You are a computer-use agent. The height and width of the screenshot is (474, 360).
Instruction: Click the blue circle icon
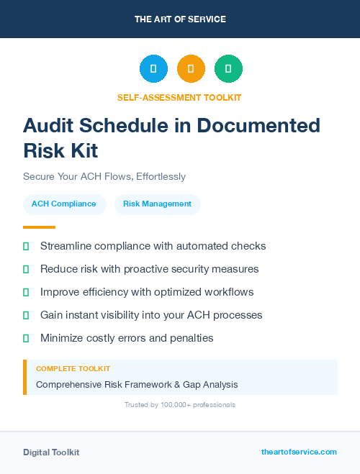point(153,68)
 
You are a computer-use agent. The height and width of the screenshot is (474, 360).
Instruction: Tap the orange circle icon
point(191,68)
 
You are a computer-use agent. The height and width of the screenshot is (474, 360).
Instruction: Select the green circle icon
point(228,68)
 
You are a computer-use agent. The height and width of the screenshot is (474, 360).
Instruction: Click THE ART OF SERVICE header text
point(180,19)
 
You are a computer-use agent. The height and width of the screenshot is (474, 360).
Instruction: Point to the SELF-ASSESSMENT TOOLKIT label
point(179,97)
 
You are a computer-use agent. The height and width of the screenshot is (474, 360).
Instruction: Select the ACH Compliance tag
point(64,204)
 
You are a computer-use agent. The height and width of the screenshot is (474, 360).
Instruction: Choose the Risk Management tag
point(157,204)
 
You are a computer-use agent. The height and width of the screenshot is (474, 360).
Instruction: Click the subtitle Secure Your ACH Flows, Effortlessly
point(104,176)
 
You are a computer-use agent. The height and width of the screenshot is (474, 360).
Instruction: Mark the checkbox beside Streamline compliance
point(26,246)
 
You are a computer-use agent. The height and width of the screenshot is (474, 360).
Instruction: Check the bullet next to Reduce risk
point(26,269)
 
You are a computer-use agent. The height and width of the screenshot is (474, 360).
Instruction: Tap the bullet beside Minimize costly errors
point(26,338)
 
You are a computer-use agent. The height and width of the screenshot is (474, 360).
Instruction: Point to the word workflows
point(228,292)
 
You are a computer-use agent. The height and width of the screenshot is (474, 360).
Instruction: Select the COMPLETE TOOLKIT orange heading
point(73,368)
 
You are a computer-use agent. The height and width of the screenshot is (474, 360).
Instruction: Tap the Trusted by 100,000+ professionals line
point(179,405)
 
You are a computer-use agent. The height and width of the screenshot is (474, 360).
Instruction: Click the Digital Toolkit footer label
point(51,452)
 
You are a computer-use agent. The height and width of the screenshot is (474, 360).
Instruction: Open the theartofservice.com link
point(299,452)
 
